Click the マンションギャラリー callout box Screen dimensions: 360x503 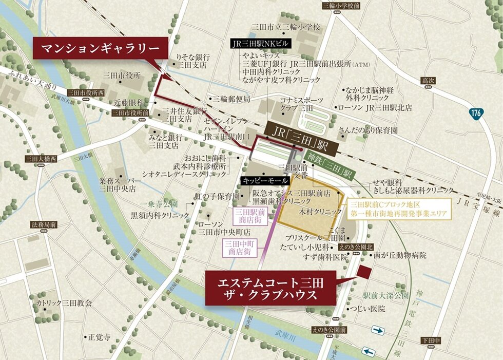(101, 49)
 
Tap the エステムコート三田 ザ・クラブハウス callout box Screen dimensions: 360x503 (270, 289)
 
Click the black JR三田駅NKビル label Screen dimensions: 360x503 (261, 44)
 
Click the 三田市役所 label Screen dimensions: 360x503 (122, 75)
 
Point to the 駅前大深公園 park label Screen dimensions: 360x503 (385, 296)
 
